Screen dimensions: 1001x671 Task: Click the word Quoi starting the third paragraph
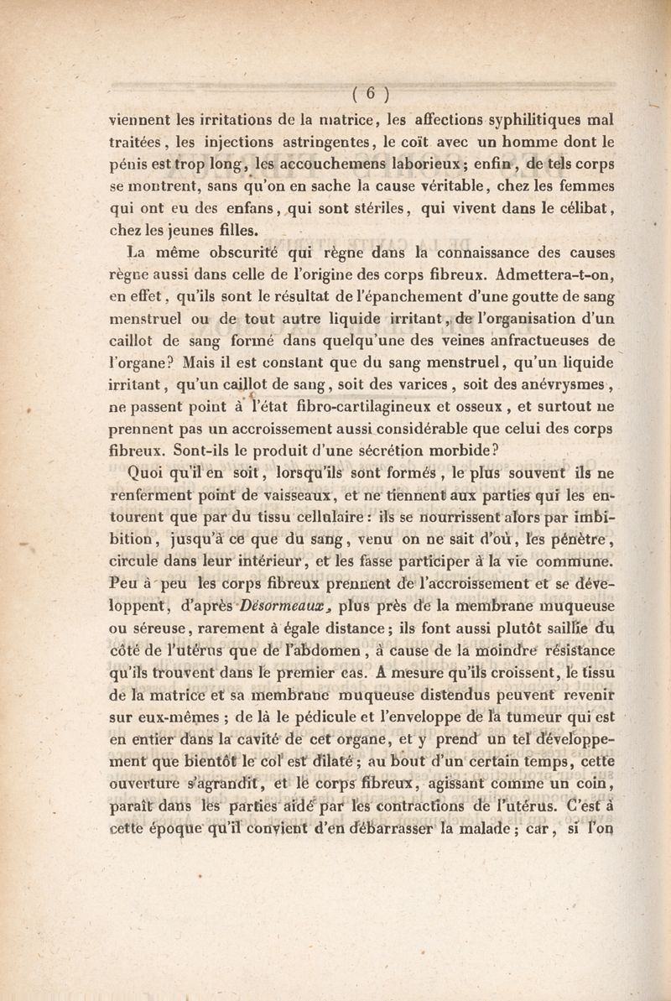[x=145, y=472]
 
